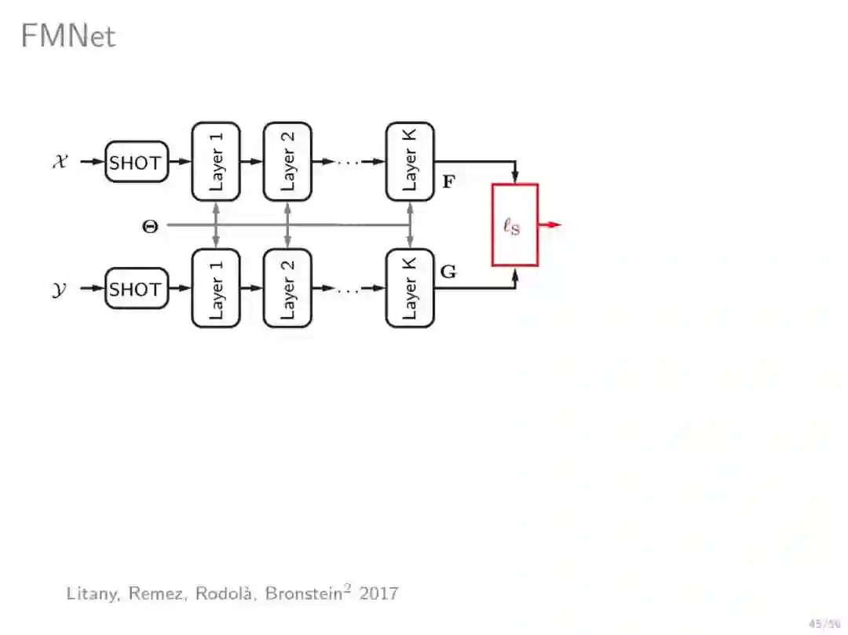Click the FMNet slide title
pos(68,36)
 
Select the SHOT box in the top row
pos(136,162)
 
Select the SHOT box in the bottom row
pos(136,289)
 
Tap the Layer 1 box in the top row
pos(216,161)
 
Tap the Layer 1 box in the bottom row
pos(216,288)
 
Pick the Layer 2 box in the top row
pos(287,161)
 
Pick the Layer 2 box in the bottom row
pos(287,288)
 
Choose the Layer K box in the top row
pos(409,161)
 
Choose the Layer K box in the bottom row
pos(409,288)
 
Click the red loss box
pos(514,225)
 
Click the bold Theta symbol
pos(149,226)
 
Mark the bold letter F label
pos(448,182)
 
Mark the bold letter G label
pos(448,272)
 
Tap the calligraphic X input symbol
pos(60,162)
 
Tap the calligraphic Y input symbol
pos(60,289)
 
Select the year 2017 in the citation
pos(378,593)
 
